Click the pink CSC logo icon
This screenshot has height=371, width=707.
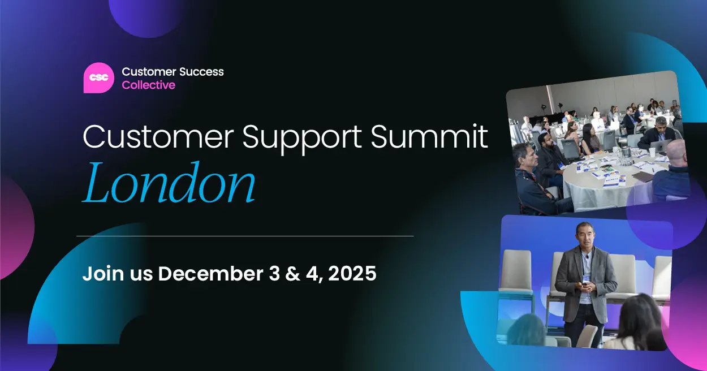pyautogui.click(x=98, y=77)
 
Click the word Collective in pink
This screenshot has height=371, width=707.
pyautogui.click(x=148, y=85)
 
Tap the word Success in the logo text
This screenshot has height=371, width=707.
pyautogui.click(x=201, y=72)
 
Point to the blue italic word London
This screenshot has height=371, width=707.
pyautogui.click(x=169, y=183)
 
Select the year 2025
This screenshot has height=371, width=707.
pyautogui.click(x=352, y=274)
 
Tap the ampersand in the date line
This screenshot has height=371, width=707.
pyautogui.click(x=292, y=274)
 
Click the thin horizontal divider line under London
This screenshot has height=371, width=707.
pyautogui.click(x=244, y=236)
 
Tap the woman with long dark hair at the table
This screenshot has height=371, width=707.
pyautogui.click(x=589, y=139)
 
